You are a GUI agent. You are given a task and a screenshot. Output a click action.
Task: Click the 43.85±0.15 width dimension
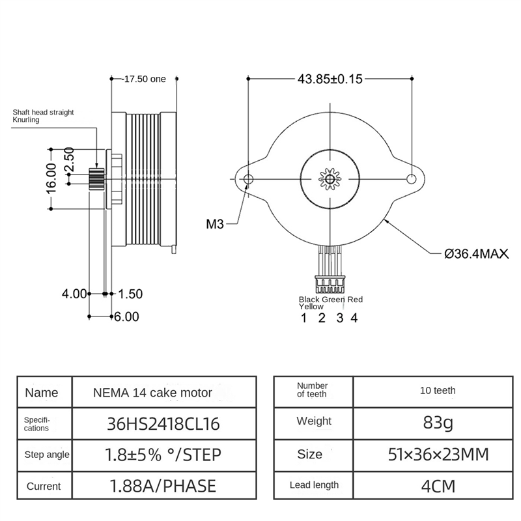(330, 79)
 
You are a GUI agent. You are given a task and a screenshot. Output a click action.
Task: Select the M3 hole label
(215, 225)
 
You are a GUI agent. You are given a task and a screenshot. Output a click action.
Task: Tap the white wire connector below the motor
(330, 284)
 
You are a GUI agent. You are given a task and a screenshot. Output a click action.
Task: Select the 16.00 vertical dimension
(53, 176)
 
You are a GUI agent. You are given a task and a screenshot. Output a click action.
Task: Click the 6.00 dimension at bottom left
(127, 317)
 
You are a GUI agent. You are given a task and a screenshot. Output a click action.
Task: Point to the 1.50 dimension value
(130, 294)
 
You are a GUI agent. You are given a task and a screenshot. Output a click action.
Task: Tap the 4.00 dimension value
(74, 294)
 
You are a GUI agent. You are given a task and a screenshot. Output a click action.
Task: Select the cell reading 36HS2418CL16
(163, 425)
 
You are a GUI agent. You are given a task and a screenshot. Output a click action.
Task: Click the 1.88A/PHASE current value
(163, 485)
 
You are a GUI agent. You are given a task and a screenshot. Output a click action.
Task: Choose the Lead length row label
(314, 485)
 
